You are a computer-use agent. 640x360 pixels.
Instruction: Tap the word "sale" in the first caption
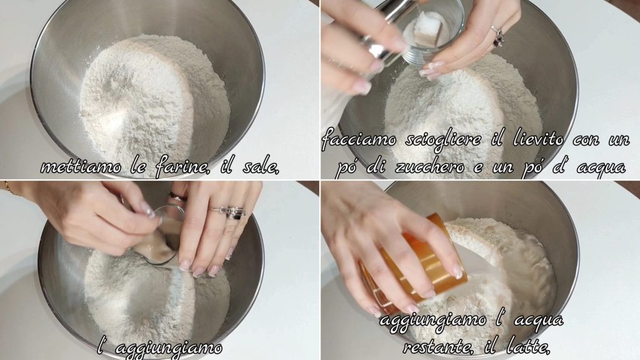tap(261, 166)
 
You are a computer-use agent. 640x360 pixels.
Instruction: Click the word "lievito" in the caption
tap(538, 140)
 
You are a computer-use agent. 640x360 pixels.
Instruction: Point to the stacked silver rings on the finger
tap(232, 212)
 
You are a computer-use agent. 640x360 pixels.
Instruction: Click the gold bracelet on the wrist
tap(8, 187)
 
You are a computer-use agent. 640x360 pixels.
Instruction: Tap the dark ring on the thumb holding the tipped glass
tap(178, 197)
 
